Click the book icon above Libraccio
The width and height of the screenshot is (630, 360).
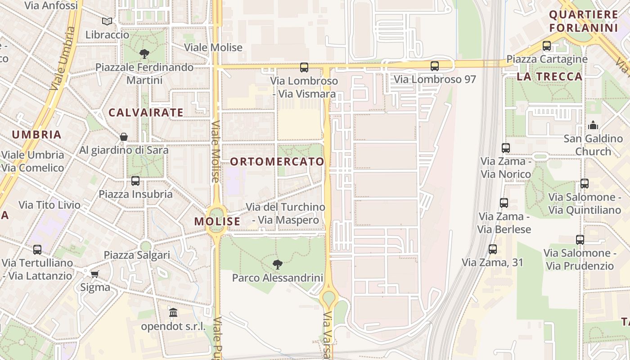pos(107,21)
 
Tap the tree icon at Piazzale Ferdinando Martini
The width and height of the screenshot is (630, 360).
pos(144,54)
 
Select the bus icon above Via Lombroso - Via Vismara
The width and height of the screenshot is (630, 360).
pos(304,67)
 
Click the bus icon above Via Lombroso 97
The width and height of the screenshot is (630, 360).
pos(435,66)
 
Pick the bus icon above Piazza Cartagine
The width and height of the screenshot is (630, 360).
pos(547,46)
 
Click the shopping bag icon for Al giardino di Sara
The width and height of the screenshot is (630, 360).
pos(124,137)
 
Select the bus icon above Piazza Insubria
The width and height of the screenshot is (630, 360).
pos(135,181)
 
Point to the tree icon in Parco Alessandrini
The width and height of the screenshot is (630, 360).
pos(278,264)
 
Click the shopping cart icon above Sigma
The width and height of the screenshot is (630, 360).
pos(94,274)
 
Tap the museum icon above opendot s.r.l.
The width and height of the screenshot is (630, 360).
pos(173,312)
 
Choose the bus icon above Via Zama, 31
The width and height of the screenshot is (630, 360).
pos(493,249)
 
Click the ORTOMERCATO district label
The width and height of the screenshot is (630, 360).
pos(277,162)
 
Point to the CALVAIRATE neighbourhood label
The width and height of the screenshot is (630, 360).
pos(146,112)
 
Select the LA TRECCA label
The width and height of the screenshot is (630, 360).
pos(549,76)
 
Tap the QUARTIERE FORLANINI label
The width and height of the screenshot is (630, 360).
pos(584,21)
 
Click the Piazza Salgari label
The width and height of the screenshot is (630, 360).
pos(137,255)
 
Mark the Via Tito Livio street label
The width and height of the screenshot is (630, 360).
pos(49,205)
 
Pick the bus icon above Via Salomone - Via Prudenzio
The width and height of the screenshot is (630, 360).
pos(580,240)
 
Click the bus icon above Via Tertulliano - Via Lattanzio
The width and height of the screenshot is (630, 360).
pos(37,249)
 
